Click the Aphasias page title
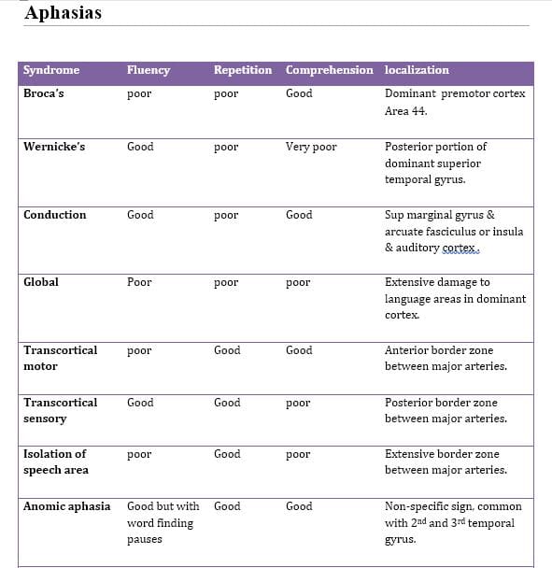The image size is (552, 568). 64,12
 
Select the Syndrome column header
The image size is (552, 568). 51,70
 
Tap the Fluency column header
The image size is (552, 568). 149,70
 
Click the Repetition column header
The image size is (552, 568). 243,70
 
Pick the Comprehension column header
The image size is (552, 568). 329,70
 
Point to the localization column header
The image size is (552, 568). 417,70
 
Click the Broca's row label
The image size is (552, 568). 44,93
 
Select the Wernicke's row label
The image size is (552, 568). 54,147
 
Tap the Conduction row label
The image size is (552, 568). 54,215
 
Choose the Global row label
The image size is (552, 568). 41,282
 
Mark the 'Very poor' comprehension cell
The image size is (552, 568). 311,147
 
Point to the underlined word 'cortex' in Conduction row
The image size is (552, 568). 460,248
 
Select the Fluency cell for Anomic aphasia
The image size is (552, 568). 162,522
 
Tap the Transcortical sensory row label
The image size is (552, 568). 60,411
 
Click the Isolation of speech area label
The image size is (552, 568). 56,462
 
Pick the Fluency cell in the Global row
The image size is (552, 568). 139,282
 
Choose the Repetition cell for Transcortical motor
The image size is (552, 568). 227,350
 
